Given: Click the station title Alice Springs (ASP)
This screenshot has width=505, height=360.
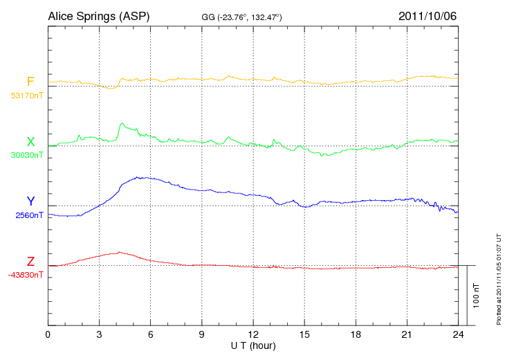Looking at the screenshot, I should click(x=98, y=15).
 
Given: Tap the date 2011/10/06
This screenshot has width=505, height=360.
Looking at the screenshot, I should click(x=428, y=15).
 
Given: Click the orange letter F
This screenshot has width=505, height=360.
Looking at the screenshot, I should click(x=30, y=82).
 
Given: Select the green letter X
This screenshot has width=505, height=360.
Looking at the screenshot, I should click(x=30, y=143).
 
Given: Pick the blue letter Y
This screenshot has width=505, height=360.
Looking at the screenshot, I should click(x=30, y=202).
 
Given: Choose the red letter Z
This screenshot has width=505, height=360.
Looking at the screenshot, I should click(x=30, y=262).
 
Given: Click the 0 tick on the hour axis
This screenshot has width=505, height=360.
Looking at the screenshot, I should click(x=48, y=334).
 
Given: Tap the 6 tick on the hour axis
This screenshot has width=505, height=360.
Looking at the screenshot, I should click(x=151, y=334).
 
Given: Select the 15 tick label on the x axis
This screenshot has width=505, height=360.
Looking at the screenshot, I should click(x=304, y=334).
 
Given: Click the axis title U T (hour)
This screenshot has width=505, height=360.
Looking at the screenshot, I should click(x=253, y=345).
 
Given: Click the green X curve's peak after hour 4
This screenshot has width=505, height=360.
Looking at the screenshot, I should click(x=122, y=123).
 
